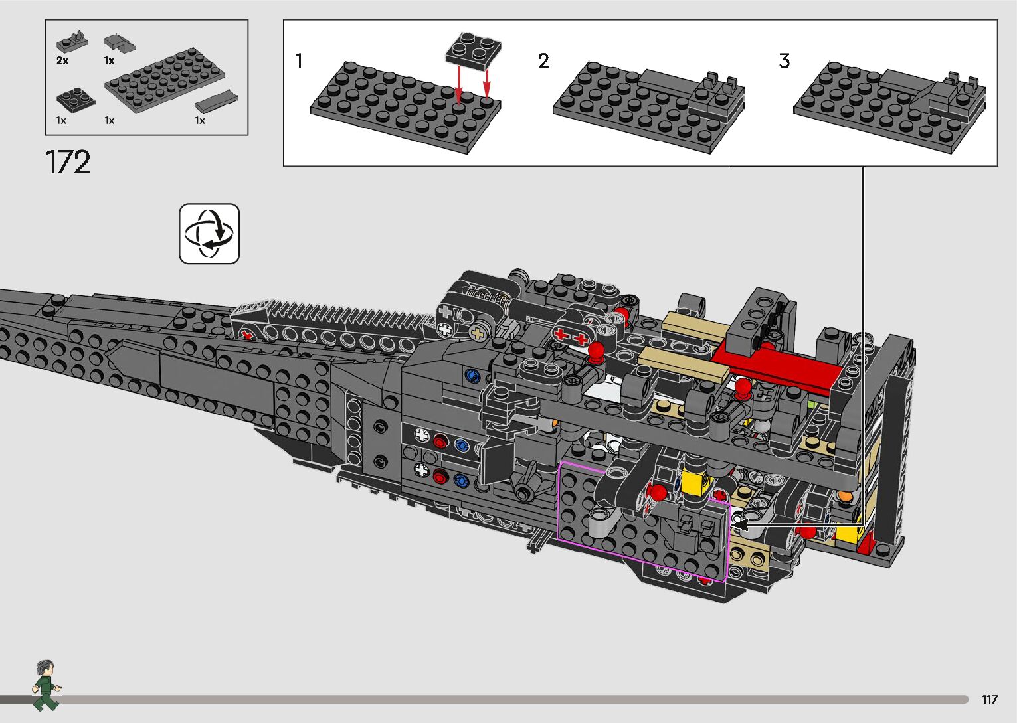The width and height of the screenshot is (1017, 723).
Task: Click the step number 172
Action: pyautogui.click(x=68, y=162)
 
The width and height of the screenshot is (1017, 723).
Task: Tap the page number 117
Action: pyautogui.click(x=990, y=699)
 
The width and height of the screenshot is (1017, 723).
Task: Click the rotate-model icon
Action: pyautogui.click(x=209, y=234)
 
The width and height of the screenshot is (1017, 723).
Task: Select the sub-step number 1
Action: pyautogui.click(x=299, y=61)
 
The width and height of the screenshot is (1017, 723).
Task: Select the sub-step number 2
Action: pyautogui.click(x=543, y=61)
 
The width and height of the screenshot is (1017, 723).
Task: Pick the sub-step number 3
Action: pyautogui.click(x=785, y=61)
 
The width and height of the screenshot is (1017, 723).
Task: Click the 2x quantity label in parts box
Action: pyautogui.click(x=62, y=61)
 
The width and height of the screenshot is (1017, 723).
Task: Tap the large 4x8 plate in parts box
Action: pyautogui.click(x=165, y=80)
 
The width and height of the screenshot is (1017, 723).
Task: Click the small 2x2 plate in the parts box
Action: pyautogui.click(x=76, y=98)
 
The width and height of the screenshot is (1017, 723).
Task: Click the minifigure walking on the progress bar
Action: pyautogui.click(x=46, y=685)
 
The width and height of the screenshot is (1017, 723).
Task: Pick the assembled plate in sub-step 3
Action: pyautogui.click(x=889, y=108)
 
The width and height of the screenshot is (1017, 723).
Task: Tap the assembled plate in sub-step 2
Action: pyautogui.click(x=648, y=108)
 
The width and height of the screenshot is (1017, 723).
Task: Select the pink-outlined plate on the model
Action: pyautogui.click(x=643, y=522)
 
